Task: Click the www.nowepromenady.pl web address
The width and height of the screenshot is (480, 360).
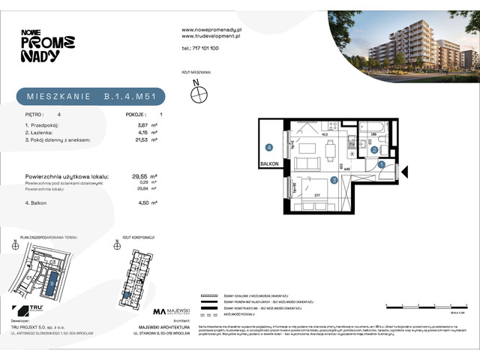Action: pos(212,29)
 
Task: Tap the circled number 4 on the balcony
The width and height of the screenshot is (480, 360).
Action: pos(267,147)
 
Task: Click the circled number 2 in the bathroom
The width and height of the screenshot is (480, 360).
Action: pos(373,150)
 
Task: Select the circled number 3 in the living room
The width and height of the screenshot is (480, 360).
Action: pos(333,180)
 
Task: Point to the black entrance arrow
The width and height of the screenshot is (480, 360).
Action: pos(403,170)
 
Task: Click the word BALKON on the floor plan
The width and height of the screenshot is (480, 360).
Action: pos(269,163)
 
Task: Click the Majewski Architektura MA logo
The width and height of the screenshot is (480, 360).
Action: pos(160,311)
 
